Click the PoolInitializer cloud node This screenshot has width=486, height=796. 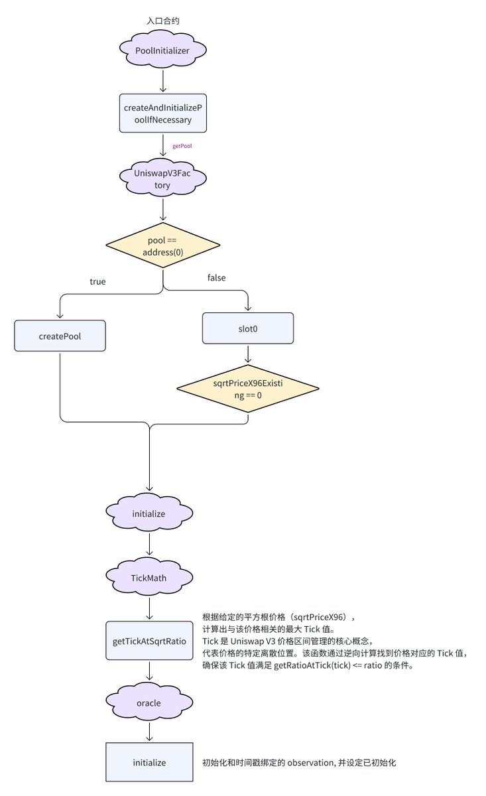[162, 50]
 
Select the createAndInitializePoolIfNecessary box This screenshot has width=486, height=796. [162, 113]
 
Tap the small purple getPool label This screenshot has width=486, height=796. [182, 146]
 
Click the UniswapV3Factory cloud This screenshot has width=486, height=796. [162, 178]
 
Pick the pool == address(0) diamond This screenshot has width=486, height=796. [162, 245]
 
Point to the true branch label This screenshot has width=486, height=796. [97, 282]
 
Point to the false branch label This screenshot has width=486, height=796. [216, 278]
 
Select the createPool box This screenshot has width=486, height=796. [60, 336]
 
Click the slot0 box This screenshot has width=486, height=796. [248, 328]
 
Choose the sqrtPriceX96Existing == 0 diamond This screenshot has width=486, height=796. [248, 389]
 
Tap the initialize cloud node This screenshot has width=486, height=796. [149, 513]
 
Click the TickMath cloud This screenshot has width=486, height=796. [149, 578]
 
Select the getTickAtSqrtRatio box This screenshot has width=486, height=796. [149, 641]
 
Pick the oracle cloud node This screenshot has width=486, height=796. [149, 702]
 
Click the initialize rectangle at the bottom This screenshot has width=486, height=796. [149, 762]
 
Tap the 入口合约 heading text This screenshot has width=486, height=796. [163, 21]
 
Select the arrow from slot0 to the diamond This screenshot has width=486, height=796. [248, 353]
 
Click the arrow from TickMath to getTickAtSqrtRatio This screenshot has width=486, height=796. [149, 608]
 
